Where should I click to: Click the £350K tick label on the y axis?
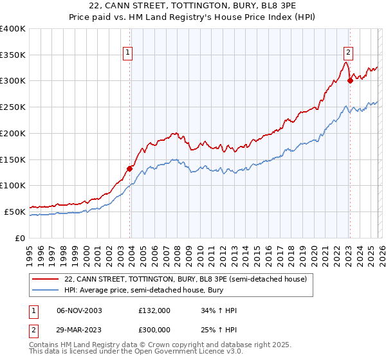click(x=13, y=55)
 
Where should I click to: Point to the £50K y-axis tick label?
click(x=15, y=212)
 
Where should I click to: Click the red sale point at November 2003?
click(x=130, y=169)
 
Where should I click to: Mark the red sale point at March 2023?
click(x=350, y=81)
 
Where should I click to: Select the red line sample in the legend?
click(x=46, y=279)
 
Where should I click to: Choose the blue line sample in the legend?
click(x=46, y=290)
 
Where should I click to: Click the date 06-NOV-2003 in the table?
click(x=79, y=310)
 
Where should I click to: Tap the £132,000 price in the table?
click(x=154, y=310)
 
